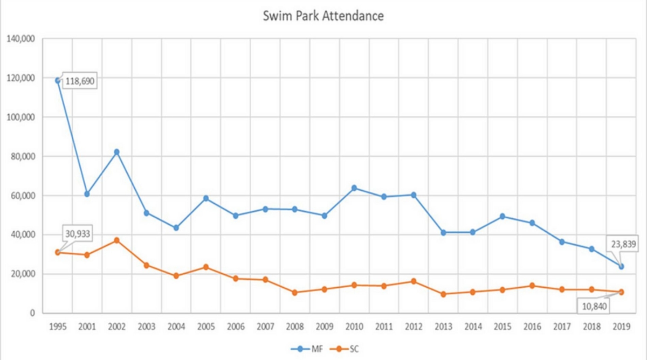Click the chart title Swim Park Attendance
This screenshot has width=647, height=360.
[x=323, y=16]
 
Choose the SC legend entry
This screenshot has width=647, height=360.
[x=345, y=349]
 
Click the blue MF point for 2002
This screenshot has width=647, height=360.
[x=116, y=152]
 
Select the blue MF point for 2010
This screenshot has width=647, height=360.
[x=354, y=188]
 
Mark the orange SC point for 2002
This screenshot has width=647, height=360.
[x=116, y=240]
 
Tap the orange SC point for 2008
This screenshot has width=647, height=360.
[x=294, y=293]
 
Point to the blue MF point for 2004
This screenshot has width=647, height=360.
[x=176, y=228]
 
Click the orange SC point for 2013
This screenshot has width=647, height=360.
[x=443, y=294]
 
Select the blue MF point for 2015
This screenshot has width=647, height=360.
[x=503, y=217]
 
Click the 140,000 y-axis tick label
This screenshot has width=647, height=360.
[x=20, y=39]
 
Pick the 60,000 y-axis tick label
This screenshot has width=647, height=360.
[x=23, y=196]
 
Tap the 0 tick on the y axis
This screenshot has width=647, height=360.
[x=32, y=313]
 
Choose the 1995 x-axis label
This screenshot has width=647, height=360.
[x=57, y=327]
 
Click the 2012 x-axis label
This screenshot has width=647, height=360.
[x=414, y=327]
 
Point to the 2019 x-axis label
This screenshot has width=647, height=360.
[x=621, y=327]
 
